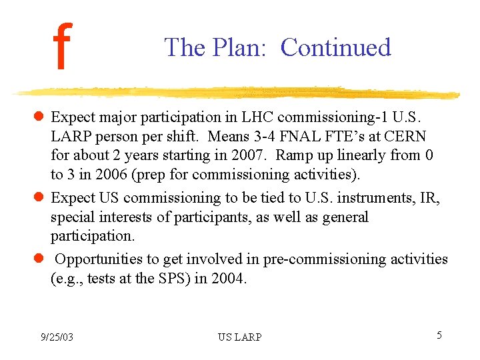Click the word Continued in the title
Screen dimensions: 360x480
[335, 47]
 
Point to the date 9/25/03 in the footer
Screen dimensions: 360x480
[56, 337]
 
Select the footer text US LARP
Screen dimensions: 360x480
[239, 337]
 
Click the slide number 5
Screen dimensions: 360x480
[439, 335]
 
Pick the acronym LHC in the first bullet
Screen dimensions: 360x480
[257, 117]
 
